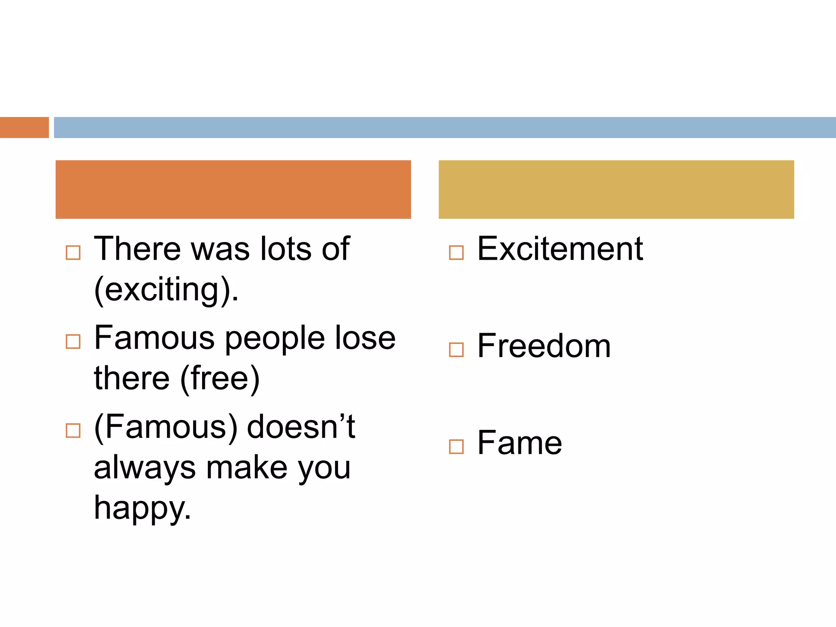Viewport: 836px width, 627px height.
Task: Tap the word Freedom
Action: point(544,346)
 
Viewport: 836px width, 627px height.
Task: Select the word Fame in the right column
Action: point(520,443)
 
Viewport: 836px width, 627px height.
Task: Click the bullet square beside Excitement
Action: point(456,253)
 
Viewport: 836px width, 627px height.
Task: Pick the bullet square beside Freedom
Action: point(456,350)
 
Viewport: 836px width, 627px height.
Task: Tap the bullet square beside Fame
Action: point(456,447)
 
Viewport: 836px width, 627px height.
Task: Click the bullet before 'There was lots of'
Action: point(73,253)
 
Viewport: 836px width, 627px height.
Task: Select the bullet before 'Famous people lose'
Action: point(73,341)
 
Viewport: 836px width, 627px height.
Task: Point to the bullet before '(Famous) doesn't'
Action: point(73,430)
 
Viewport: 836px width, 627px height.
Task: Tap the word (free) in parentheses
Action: point(220,378)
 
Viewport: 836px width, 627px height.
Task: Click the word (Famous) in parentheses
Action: point(166,427)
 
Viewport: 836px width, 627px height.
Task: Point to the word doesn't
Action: point(301,427)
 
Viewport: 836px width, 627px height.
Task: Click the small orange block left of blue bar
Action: point(24,127)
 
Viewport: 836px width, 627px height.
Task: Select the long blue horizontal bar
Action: point(444,127)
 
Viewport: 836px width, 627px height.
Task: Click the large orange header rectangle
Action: point(233,189)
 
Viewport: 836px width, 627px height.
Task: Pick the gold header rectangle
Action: point(616,189)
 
